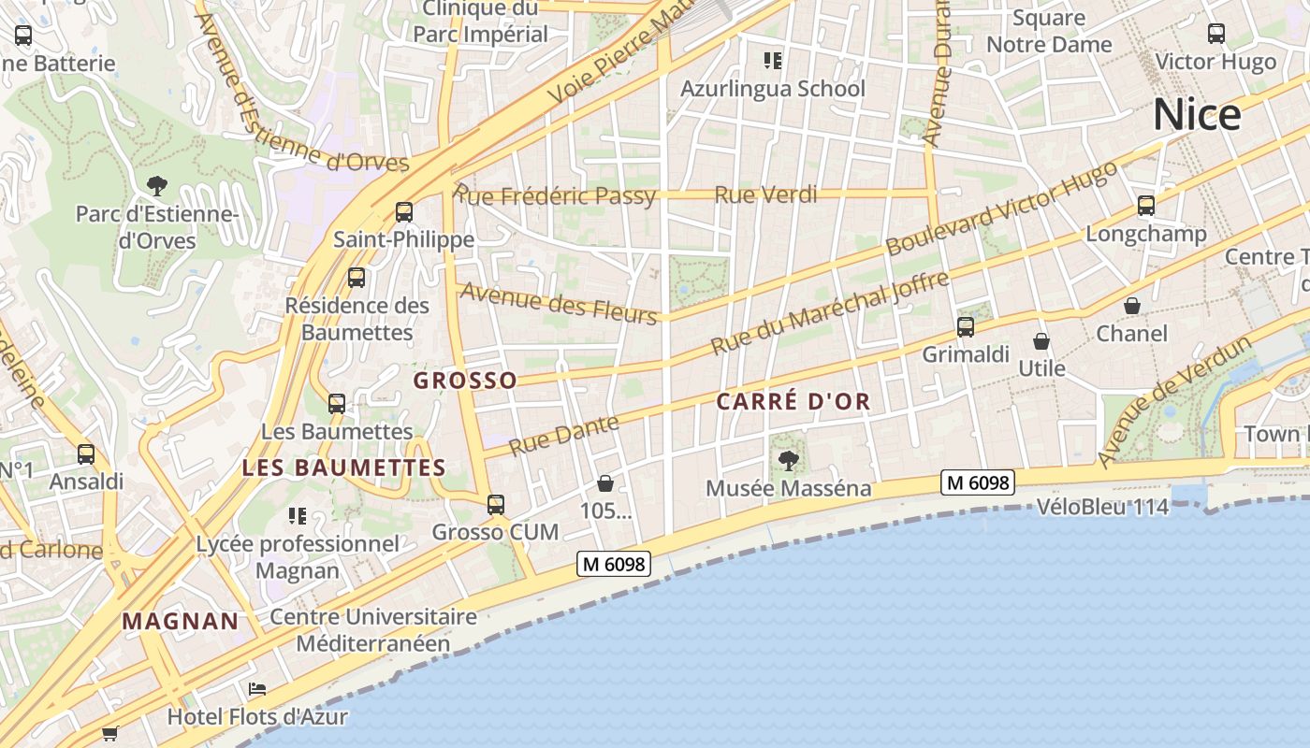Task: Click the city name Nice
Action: pos(1197,115)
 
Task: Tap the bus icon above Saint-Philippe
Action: pos(404,212)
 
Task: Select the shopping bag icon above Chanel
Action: pos(1132,306)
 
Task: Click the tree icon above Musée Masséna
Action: pos(789,460)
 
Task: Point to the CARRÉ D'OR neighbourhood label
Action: pos(793,402)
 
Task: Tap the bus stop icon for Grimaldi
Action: pos(966,327)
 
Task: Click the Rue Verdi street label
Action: pos(765,195)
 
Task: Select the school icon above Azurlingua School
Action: pos(773,62)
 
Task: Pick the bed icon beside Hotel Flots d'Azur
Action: pos(257,690)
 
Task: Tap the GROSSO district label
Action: pos(465,381)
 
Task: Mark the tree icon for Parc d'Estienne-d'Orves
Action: pos(157,186)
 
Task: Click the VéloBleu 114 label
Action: pos(1103,508)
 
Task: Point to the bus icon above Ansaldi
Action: pos(86,454)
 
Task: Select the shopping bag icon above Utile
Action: pos(1041,341)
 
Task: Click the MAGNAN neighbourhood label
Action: pos(181,621)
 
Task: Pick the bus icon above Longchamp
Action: pos(1146,206)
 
